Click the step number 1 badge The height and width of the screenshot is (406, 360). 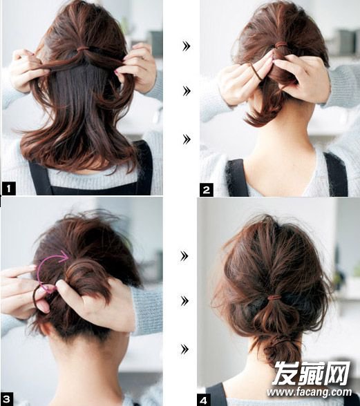[x=9, y=188]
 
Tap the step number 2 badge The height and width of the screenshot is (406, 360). [x=207, y=190]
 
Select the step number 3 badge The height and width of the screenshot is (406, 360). [x=7, y=400]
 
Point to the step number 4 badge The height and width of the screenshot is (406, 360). [x=204, y=400]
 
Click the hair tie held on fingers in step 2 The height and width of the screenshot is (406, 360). [x=256, y=71]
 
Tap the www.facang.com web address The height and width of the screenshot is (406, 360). [x=310, y=392]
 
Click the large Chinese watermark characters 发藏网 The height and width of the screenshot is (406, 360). [x=311, y=373]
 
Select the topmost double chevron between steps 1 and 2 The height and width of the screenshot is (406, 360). [x=187, y=46]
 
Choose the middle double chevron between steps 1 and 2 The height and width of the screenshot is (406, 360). [x=187, y=91]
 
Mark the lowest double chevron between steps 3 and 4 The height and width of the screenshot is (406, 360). [x=184, y=349]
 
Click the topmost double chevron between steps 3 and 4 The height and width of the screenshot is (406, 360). [x=184, y=256]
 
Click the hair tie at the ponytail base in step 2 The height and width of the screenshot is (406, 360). [x=281, y=46]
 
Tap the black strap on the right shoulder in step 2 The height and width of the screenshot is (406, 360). [x=336, y=175]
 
